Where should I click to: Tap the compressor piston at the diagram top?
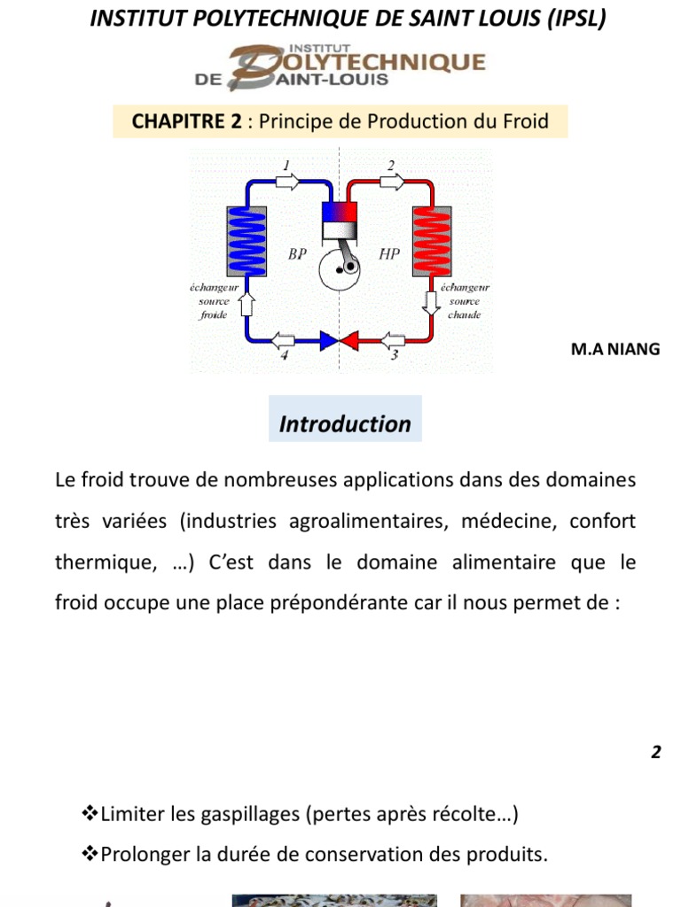tap(339, 221)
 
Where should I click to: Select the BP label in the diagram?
tap(298, 254)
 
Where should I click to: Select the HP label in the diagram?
tap(389, 254)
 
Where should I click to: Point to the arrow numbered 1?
tap(288, 181)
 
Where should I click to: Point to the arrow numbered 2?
tap(391, 181)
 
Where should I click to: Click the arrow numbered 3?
tap(392, 339)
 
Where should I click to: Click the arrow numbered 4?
tap(283, 339)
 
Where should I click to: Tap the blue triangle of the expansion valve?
tap(328, 339)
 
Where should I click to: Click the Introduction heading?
tap(345, 424)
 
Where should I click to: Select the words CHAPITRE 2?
tap(186, 121)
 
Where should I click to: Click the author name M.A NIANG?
tap(615, 349)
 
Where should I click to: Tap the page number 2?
tap(656, 753)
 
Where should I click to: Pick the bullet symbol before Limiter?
tap(89, 813)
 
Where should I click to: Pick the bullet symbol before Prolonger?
tap(89, 855)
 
